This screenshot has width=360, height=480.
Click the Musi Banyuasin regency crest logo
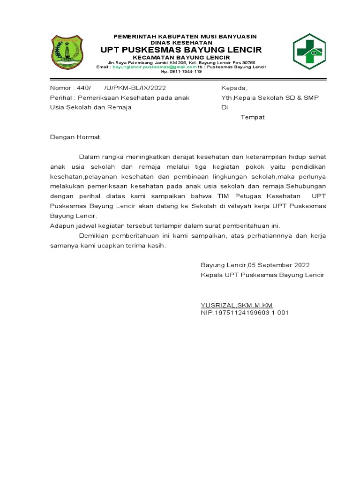pyautogui.click(x=66, y=52)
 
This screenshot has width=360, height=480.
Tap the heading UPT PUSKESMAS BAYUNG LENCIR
pyautogui.click(x=181, y=50)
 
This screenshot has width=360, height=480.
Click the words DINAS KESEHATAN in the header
pyautogui.click(x=181, y=42)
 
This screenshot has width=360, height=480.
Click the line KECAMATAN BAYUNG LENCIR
pyautogui.click(x=181, y=57)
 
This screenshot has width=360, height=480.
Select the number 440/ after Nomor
pyautogui.click(x=82, y=88)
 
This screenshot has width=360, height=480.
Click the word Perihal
pyautogui.click(x=61, y=97)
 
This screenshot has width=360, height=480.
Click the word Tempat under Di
pyautogui.click(x=253, y=117)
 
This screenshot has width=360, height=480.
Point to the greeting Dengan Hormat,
pyautogui.click(x=75, y=137)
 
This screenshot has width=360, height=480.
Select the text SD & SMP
pyautogui.click(x=301, y=97)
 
